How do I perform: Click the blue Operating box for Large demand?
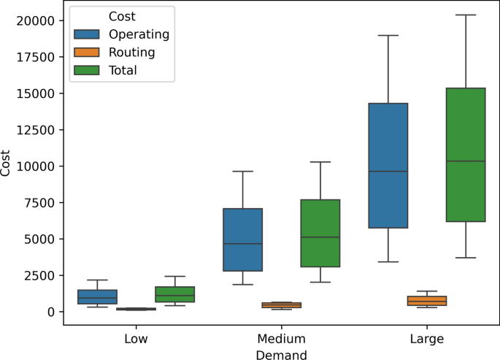click(388, 166)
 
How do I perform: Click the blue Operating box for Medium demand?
click(242, 240)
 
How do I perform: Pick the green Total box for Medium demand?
click(320, 233)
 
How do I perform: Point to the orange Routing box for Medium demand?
click(281, 305)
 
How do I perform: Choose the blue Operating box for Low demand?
click(97, 296)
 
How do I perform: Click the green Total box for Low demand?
click(174, 294)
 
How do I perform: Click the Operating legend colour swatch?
click(88, 34)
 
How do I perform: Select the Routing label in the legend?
click(131, 53)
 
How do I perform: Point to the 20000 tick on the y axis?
click(35, 21)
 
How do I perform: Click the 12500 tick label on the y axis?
click(35, 130)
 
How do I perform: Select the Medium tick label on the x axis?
click(281, 340)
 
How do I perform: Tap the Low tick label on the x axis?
click(136, 340)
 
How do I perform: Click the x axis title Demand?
click(281, 354)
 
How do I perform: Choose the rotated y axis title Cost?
click(7, 166)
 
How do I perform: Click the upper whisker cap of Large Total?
click(466, 15)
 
